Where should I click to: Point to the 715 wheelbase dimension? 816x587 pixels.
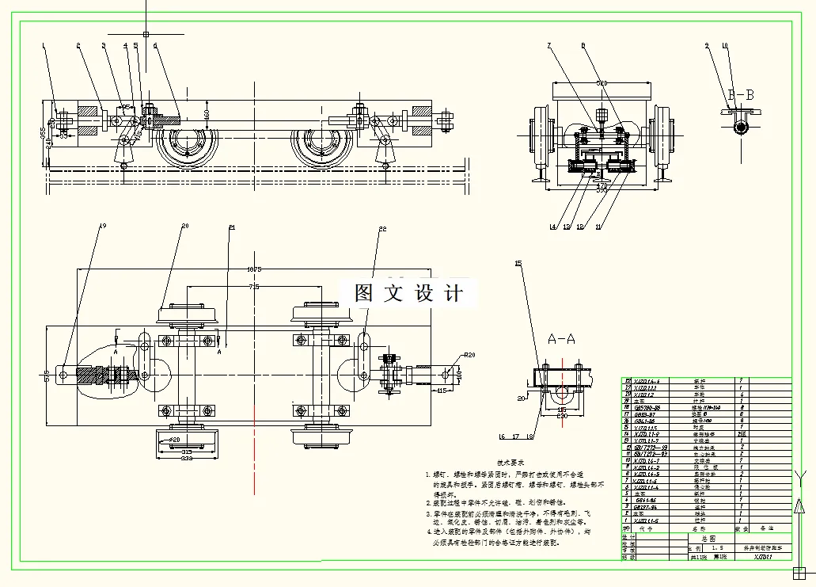tap(253, 286)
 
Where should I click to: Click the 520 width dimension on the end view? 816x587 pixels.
tap(602, 82)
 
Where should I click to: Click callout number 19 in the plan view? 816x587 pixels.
tap(102, 225)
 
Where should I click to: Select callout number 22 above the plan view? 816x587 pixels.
tap(382, 228)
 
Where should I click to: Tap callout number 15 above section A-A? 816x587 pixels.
tap(518, 262)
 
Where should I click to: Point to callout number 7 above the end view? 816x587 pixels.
tap(548, 45)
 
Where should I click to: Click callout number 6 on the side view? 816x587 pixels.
tap(155, 45)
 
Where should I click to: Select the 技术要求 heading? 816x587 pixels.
tap(511, 461)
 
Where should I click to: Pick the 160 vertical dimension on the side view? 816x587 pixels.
tap(207, 114)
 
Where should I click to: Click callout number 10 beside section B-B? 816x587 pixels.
tap(724, 45)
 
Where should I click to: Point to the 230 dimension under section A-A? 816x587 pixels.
tap(561, 415)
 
